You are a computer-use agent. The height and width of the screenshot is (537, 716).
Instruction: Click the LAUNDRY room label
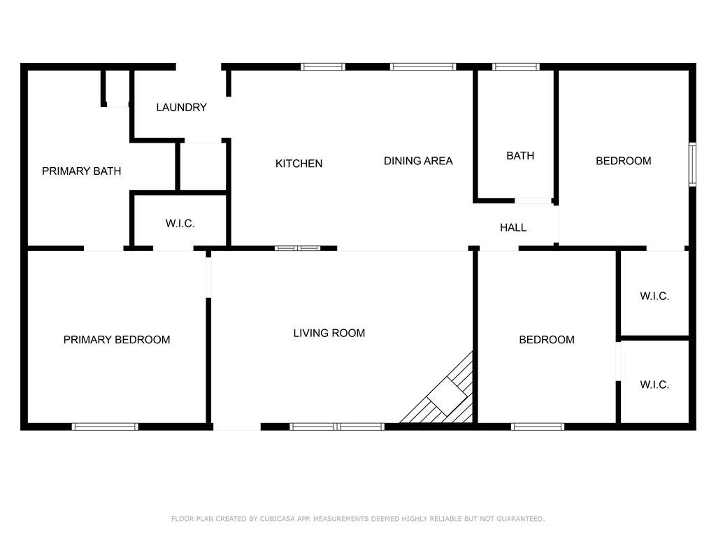(x=181, y=107)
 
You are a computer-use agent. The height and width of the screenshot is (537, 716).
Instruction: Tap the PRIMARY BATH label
(x=81, y=171)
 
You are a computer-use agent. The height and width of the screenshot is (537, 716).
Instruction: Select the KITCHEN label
(x=299, y=164)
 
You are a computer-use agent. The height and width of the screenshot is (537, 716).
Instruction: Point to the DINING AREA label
(x=418, y=161)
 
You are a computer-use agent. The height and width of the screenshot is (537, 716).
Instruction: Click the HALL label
(x=513, y=227)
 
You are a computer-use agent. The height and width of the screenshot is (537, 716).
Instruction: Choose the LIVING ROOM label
(x=329, y=334)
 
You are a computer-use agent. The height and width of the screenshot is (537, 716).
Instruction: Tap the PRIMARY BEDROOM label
(x=117, y=340)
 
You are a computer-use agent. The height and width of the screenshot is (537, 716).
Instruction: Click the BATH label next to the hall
(x=520, y=156)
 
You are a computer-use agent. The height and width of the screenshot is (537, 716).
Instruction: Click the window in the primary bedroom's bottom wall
(x=105, y=427)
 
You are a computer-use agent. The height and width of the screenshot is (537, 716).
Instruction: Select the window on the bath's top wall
(x=516, y=66)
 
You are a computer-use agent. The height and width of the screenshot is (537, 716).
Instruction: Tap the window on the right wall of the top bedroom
(x=692, y=164)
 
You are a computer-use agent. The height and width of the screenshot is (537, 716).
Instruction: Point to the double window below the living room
(x=337, y=427)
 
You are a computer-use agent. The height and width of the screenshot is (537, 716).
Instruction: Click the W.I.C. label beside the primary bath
(x=180, y=224)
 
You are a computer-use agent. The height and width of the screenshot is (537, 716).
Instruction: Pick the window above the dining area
(x=423, y=66)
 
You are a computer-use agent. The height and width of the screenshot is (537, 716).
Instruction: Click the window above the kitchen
(x=323, y=66)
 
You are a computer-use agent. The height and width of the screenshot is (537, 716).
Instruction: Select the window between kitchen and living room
(x=297, y=248)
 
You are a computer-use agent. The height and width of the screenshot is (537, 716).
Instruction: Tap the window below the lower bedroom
(x=538, y=427)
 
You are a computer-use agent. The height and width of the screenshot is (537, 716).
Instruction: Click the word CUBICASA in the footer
(x=278, y=519)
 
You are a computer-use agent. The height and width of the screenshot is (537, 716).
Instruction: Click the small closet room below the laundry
(x=202, y=166)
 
